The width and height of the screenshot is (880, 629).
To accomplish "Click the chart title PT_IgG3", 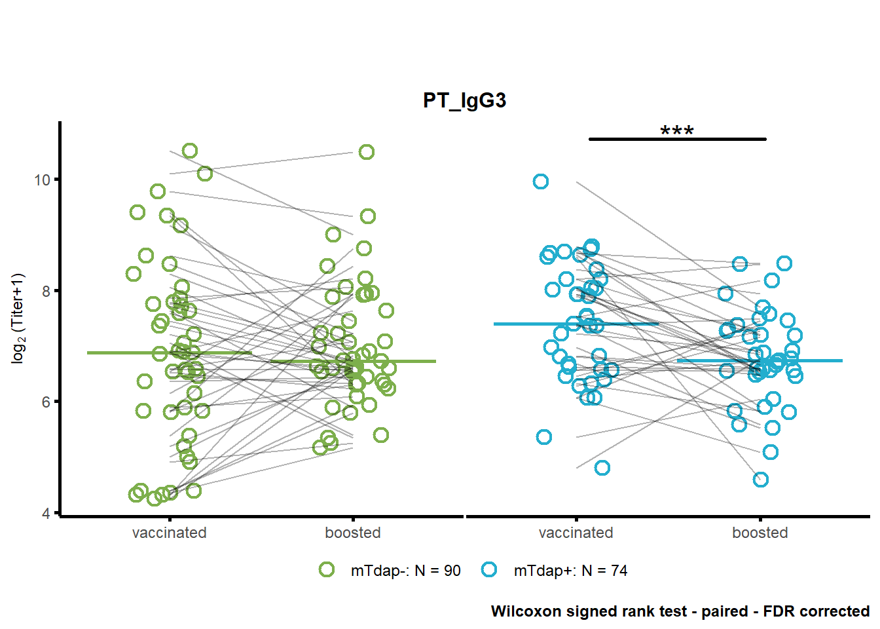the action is coord(464,101).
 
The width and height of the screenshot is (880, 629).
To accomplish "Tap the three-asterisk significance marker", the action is coord(677,130).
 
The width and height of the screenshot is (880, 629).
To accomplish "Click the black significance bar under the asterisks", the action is coord(677,139).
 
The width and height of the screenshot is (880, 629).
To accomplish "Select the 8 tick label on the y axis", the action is coord(46,291).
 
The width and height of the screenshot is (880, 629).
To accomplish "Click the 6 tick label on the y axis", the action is coord(46,402).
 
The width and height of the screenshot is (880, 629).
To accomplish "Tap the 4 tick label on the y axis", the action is coord(46,513).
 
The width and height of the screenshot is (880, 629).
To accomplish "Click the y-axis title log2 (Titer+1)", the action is coord(18,319).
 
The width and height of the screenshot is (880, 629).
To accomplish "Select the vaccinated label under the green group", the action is coord(170,533).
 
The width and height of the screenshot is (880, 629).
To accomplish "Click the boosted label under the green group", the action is coord(353,533).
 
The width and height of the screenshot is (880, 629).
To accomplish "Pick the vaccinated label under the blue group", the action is coord(576,533).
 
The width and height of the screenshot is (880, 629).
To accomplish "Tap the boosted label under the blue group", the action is coord(760,533).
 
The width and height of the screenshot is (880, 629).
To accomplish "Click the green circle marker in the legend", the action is coord(327,569).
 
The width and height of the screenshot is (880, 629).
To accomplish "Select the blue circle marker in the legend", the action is coord(490,569).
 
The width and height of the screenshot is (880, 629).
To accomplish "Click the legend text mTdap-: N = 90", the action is coord(405,571).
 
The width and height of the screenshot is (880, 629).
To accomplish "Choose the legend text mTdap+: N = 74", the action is coord(570,571).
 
